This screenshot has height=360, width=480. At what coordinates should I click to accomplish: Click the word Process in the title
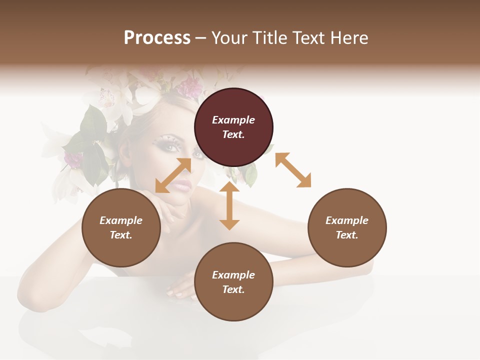(x=157, y=38)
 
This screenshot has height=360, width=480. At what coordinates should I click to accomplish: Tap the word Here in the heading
(x=350, y=38)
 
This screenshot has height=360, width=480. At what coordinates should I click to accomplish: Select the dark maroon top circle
(x=233, y=127)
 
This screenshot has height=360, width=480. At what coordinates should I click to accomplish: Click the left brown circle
(x=121, y=227)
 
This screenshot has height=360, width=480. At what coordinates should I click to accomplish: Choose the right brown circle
(x=347, y=227)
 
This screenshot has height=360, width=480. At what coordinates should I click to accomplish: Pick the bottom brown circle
(x=233, y=281)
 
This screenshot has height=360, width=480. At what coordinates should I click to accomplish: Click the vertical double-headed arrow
(x=229, y=205)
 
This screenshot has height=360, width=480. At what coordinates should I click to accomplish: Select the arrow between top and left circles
(x=173, y=175)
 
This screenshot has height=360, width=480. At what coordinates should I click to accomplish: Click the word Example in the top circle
(x=233, y=120)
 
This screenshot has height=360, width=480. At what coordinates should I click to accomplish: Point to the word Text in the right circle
(x=346, y=235)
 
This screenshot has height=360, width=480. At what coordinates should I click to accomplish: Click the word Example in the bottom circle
(x=233, y=275)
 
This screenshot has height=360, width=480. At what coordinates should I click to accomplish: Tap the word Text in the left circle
(x=120, y=235)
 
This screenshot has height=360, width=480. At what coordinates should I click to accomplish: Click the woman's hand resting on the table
(x=180, y=290)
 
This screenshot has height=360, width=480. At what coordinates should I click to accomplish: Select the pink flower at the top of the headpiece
(x=190, y=87)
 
